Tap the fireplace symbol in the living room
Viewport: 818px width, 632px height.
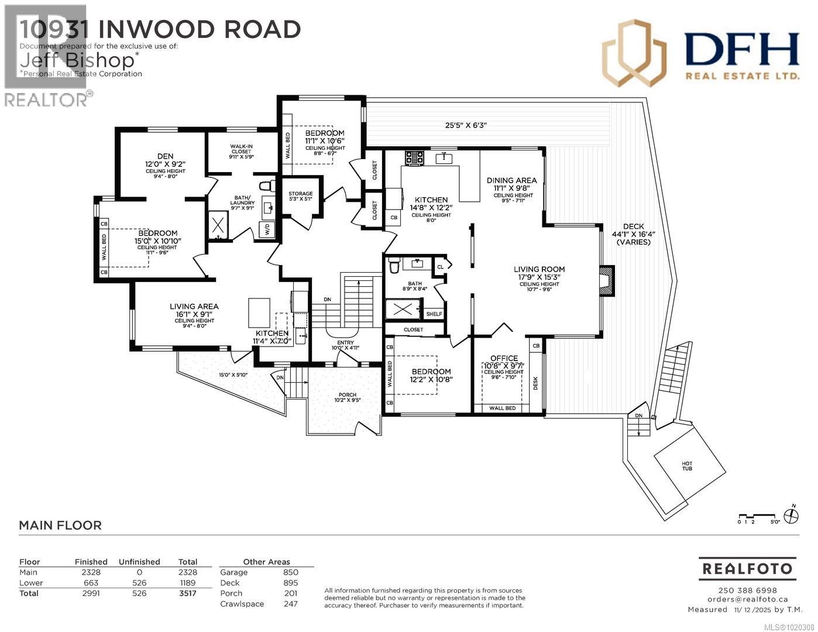(607, 280)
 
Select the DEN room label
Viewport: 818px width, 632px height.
(166, 156)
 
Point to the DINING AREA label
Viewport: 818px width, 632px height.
(511, 180)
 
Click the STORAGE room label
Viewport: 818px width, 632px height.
(301, 194)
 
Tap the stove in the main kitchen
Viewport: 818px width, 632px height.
(414, 157)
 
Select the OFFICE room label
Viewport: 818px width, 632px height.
(504, 358)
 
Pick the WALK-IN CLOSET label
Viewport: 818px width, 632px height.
(241, 150)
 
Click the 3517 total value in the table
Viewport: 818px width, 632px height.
(188, 593)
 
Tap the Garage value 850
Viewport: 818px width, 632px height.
(290, 572)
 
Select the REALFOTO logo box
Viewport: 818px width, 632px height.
(747, 568)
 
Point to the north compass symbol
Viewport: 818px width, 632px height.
(792, 516)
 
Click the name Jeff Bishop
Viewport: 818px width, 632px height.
(80, 59)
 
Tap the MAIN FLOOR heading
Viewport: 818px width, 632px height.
(60, 525)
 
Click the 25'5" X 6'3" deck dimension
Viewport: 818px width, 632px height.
(466, 125)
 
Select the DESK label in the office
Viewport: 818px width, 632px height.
(535, 383)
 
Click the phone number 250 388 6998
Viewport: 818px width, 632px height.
(747, 590)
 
